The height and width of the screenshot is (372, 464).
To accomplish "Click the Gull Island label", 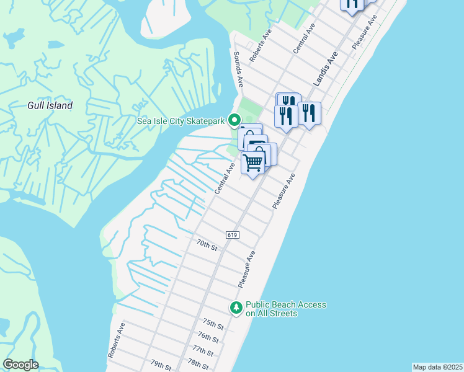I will (x=50, y=105).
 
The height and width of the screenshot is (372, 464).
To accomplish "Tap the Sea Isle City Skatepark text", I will (x=181, y=120).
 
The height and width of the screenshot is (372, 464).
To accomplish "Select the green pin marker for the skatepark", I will (x=234, y=120).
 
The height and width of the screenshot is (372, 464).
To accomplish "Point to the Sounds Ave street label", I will (x=238, y=68).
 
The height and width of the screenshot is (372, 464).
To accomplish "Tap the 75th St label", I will (x=213, y=324).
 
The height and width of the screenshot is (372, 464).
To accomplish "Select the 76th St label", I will (x=208, y=337).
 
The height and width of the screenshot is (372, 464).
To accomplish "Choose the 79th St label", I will (x=160, y=365).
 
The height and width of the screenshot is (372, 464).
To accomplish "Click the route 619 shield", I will (x=233, y=235).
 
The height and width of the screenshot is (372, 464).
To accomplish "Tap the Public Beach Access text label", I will (x=285, y=309).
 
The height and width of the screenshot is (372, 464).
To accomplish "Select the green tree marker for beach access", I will (x=236, y=308).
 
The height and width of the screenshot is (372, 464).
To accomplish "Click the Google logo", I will (x=20, y=365).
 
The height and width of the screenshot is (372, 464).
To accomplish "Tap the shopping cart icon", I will (x=252, y=162).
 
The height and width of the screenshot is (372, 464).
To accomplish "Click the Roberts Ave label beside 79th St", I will (x=117, y=340).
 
